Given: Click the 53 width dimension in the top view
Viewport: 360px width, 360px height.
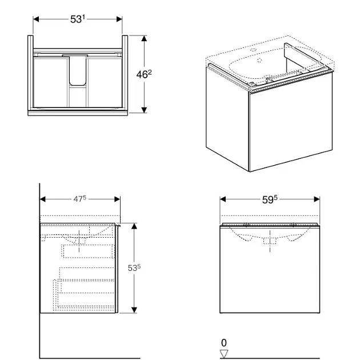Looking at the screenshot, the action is coord(78,19).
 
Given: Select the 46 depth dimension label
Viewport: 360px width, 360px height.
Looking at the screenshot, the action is coord(144,74).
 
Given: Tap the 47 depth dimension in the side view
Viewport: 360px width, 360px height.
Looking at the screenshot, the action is coord(79,199).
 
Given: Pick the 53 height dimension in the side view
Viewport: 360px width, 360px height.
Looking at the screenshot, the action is coord(134,267).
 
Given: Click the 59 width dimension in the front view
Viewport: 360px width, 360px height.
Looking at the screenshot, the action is coord(270,199).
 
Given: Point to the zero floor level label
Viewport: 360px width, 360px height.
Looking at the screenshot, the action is coord(224,343).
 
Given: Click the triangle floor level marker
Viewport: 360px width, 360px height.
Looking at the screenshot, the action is coord(224,354).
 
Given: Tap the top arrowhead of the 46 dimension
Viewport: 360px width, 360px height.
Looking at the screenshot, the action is coord(144,38).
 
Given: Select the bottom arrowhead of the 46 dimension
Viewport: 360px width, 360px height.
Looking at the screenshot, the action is coord(144,110).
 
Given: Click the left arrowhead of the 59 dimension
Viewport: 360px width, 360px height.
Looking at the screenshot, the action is coord(223,199).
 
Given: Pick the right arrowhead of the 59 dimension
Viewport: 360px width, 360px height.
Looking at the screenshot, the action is coord(317,199).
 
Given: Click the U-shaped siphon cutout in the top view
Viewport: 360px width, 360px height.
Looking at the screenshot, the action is coord(78,70).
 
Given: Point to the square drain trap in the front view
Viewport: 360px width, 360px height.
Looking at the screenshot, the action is coord(270,241).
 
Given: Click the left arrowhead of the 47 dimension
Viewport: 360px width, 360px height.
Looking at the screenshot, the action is coord(43,199).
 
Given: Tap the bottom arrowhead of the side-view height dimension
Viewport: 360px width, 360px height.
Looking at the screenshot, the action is coord(134,310).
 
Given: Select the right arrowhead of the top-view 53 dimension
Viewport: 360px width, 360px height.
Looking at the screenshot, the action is coord(119,19).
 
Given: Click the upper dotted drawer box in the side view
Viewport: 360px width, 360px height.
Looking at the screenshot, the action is coord(89,251).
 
